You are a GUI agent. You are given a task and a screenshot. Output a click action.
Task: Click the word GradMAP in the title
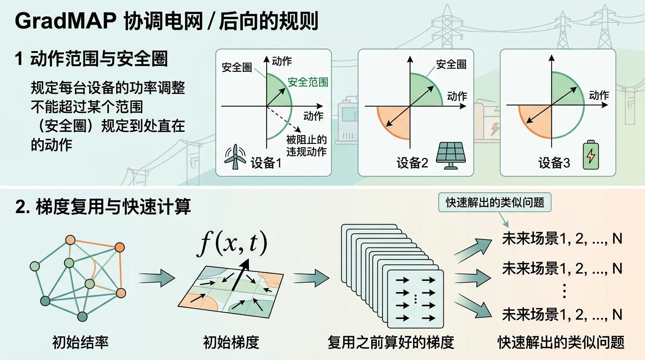[x=66, y=21]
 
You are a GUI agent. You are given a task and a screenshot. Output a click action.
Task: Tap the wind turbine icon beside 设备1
[x=235, y=157]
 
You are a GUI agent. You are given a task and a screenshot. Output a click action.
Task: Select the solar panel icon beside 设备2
[x=450, y=156]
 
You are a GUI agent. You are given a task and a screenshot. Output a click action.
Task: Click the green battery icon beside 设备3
[x=591, y=155]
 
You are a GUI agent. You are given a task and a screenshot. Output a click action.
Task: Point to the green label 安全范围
[x=308, y=82]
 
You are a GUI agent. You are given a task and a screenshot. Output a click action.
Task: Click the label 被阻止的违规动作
[x=307, y=146]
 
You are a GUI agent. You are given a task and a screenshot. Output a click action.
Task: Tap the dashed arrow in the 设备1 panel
[x=284, y=119]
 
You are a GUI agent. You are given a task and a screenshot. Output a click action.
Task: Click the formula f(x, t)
[x=232, y=244]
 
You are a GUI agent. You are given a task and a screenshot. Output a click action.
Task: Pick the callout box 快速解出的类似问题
[x=495, y=202]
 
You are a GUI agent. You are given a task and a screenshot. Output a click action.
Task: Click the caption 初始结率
[x=80, y=342]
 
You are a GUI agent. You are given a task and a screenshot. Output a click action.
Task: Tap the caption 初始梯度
[x=231, y=342]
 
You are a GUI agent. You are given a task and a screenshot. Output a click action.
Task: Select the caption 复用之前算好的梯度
[x=391, y=342]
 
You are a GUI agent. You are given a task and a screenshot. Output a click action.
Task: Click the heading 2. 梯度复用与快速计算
[x=103, y=207]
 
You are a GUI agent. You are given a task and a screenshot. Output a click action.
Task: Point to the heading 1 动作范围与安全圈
[x=91, y=59]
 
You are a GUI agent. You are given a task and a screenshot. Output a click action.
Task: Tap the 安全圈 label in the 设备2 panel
[x=451, y=64]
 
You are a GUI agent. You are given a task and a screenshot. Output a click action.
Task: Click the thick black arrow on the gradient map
[x=240, y=275]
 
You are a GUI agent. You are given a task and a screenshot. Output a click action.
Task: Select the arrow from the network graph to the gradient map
[x=157, y=278]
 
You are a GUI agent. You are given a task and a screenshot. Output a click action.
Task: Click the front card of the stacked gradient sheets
[x=415, y=299]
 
